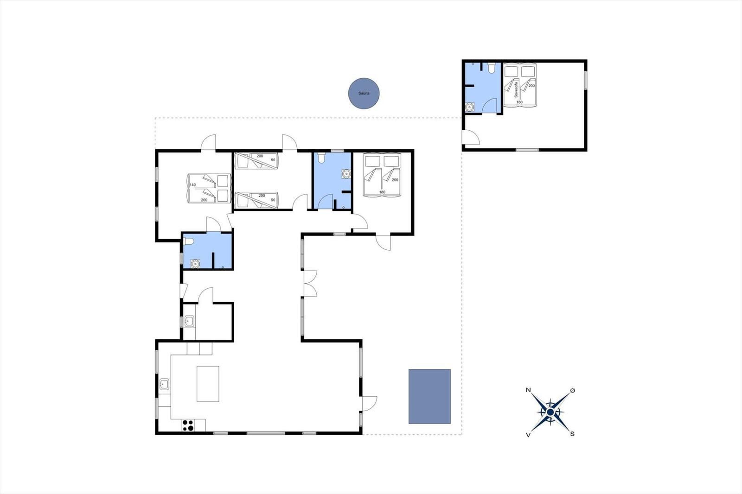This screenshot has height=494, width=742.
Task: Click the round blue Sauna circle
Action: coord(364,93)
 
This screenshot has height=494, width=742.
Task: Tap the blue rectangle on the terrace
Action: coord(429,396)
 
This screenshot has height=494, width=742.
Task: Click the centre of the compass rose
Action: coord(550,412)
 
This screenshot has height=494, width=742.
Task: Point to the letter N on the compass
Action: coord(528,390)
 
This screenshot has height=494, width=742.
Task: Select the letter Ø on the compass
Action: coord(573,391)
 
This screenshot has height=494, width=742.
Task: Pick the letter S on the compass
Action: coord(572,434)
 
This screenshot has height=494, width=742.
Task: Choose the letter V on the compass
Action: coord(528,435)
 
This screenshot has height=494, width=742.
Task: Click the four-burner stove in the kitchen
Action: coord(188,425)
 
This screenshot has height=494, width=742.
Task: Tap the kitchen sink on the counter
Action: coord(164,385)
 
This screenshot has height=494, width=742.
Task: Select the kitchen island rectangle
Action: coord(208,384)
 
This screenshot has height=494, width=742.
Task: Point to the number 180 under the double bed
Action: coord(382,192)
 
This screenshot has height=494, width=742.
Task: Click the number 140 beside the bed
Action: coord(192,185)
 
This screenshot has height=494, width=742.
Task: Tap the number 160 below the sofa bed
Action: coord(519,102)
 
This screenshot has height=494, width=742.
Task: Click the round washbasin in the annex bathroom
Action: coord(470,107)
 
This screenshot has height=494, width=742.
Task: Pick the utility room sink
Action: coord(189,321)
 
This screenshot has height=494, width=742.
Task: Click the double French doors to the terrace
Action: coord(310,284)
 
